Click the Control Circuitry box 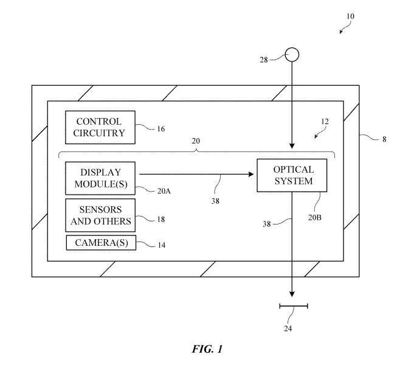coord(100,127)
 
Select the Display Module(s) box coord(100,177)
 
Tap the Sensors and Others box coord(100,215)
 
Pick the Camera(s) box coord(100,243)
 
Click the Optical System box coord(292,175)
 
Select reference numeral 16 coord(160,129)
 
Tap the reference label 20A coord(164,190)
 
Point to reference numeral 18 coord(161,219)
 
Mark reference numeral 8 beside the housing coord(384,139)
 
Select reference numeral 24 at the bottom coord(288,329)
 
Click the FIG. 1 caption coord(208,350)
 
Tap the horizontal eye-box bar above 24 coord(293,306)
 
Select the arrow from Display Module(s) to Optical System coord(195,175)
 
